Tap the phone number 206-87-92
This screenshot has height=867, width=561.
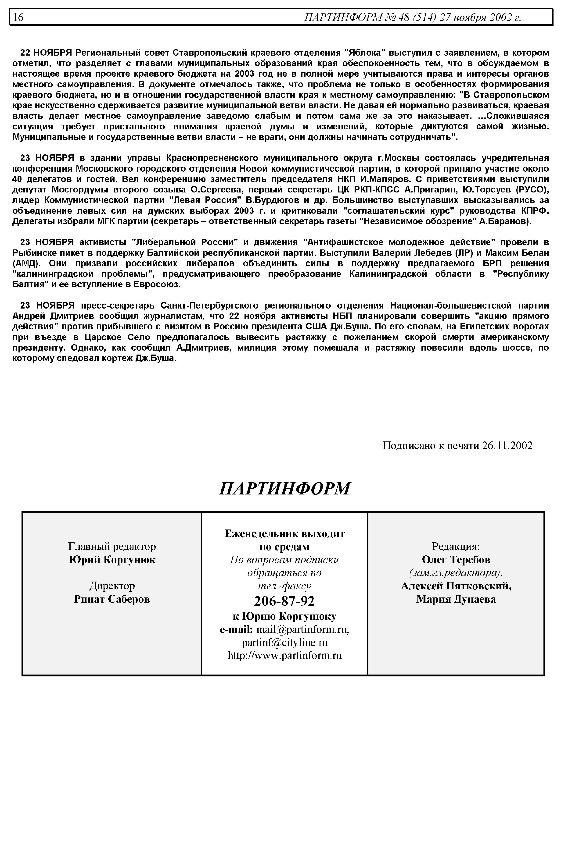[284, 601]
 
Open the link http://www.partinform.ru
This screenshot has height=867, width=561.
[284, 656]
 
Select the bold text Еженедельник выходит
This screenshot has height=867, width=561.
[284, 534]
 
